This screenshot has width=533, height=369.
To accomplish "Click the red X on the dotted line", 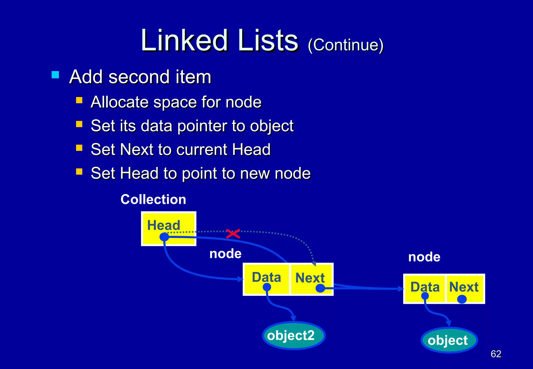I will click(233, 234).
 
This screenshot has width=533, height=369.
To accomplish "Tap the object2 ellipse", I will click(294, 335).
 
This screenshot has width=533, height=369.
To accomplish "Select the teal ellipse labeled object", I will click(449, 340).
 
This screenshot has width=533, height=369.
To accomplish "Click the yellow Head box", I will click(169, 228).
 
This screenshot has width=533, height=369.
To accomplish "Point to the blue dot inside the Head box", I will click(164, 237).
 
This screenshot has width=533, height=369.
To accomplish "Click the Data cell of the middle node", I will click(266, 279).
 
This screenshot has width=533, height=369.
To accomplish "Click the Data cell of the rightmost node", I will click(425, 288).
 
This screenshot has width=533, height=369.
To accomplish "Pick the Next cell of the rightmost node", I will click(464, 288).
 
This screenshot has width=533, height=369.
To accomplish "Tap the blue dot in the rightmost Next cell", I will click(462, 299).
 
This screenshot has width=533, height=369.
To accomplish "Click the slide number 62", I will click(496, 354).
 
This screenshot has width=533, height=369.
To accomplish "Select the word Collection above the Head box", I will click(153, 199).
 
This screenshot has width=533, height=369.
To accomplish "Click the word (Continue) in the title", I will click(346, 45).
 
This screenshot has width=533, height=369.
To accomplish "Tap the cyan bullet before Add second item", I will click(55, 75).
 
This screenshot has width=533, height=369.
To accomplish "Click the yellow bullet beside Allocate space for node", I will click(79, 100).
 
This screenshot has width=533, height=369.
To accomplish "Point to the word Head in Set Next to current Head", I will click(251, 149).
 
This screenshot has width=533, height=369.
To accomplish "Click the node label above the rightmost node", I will click(424, 257).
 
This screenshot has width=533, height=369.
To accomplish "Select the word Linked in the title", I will click(185, 40).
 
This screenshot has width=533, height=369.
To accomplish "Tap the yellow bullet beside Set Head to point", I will click(79, 171).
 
